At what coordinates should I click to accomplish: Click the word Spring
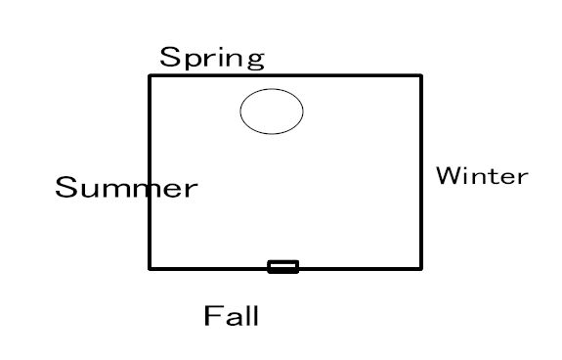pyautogui.click(x=212, y=58)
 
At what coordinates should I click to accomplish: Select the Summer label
pyautogui.click(x=126, y=187)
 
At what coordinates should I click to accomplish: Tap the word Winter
pyautogui.click(x=482, y=176)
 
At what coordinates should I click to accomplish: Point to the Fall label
pyautogui.click(x=232, y=316)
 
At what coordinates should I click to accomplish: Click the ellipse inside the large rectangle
pyautogui.click(x=272, y=89)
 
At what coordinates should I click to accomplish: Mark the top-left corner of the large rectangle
pyautogui.click(x=150, y=75)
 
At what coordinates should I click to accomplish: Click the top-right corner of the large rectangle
pyautogui.click(x=421, y=75)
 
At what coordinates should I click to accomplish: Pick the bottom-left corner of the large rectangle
pyautogui.click(x=150, y=268)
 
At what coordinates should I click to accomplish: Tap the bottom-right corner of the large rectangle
pyautogui.click(x=421, y=268)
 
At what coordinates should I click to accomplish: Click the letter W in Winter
pyautogui.click(x=448, y=176)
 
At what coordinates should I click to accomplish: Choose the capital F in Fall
pyautogui.click(x=211, y=316)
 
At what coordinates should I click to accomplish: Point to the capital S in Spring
pyautogui.click(x=170, y=57)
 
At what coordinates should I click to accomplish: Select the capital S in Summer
pyautogui.click(x=66, y=187)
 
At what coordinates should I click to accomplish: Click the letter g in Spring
pyautogui.click(x=256, y=60)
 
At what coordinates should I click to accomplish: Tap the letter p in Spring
pyautogui.click(x=194, y=60)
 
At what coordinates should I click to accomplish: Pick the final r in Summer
pyautogui.click(x=192, y=190)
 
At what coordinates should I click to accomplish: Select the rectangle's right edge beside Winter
pyautogui.click(x=421, y=172)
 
